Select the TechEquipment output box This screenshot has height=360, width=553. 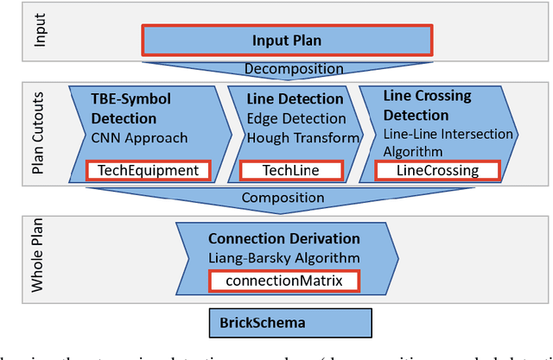coord(149,170)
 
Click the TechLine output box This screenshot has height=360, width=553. coord(290,170)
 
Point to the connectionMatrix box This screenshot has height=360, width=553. coord(284,281)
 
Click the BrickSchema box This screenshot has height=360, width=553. coord(290,325)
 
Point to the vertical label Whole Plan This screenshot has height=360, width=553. coord(40,256)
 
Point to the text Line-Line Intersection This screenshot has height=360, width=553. coord(448,134)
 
